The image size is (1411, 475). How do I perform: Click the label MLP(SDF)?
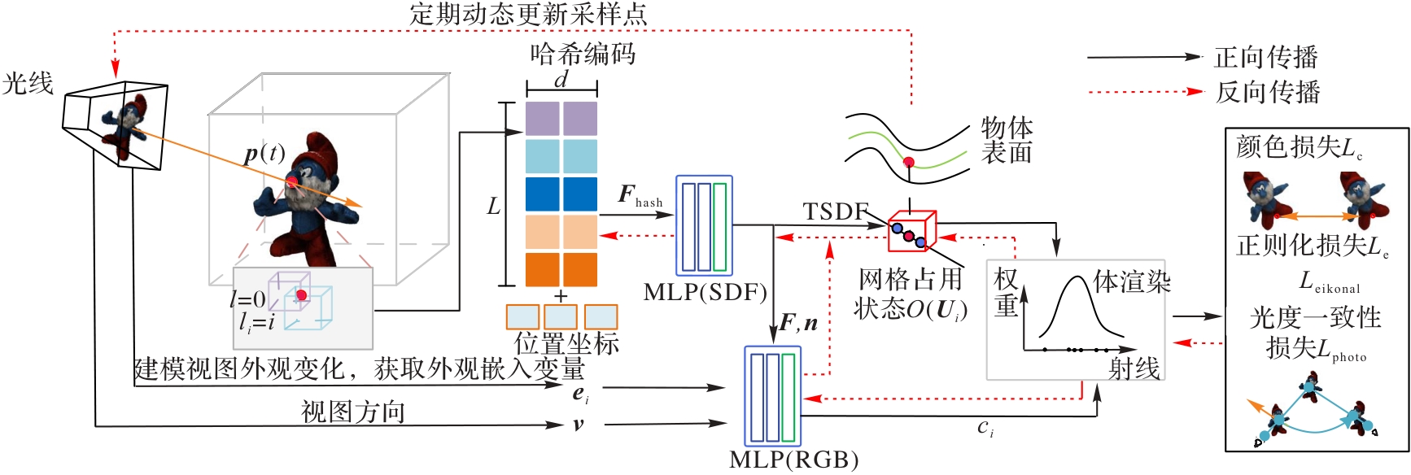[x=705, y=292]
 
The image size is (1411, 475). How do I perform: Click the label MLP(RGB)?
[x=793, y=460]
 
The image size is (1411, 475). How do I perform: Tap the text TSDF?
[x=836, y=211]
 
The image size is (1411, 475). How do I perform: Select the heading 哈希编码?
[x=583, y=54]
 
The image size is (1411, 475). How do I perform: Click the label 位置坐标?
[x=566, y=343]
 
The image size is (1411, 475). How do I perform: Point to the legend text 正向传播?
[x=1266, y=57]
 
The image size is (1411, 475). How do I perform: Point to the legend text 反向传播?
[x=1267, y=92]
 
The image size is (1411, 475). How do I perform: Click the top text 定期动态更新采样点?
[x=528, y=14]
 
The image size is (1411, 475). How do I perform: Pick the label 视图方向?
[x=352, y=412]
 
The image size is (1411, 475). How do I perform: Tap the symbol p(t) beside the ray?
[x=264, y=153]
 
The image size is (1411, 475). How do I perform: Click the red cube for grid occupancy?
[x=911, y=230]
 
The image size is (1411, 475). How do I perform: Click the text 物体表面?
[x=1007, y=140]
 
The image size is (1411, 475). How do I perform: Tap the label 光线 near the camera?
[x=28, y=83]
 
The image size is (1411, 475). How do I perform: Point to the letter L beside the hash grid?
[x=493, y=207]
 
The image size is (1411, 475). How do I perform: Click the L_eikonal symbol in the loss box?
[x=1329, y=283]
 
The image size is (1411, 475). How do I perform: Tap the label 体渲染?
[x=1132, y=281]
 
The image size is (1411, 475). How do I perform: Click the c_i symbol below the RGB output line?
[x=985, y=428]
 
